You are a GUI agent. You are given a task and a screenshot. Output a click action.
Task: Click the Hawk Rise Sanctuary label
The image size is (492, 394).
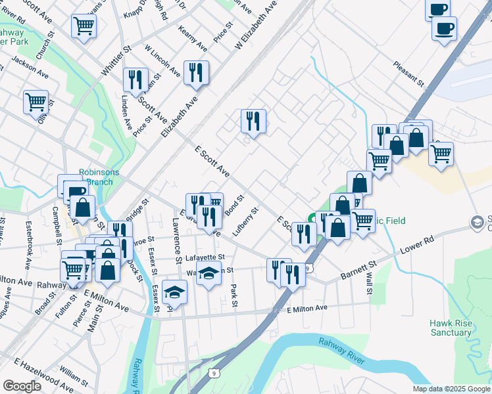[x=451, y=328]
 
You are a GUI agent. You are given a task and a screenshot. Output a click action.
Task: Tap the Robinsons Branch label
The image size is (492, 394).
[x=99, y=177]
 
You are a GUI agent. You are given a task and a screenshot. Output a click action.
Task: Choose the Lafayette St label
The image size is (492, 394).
[x=205, y=257]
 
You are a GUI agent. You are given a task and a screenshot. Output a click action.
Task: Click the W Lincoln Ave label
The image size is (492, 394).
[x=162, y=61]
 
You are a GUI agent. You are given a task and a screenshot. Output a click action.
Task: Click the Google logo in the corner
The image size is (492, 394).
[x=22, y=386]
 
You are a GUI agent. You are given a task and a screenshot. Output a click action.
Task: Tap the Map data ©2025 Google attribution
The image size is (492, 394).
[x=451, y=389]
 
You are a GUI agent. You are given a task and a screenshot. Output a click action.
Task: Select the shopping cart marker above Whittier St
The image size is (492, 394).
[x=84, y=26]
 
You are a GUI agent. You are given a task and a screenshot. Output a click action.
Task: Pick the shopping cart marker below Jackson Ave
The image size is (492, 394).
[x=36, y=102]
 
